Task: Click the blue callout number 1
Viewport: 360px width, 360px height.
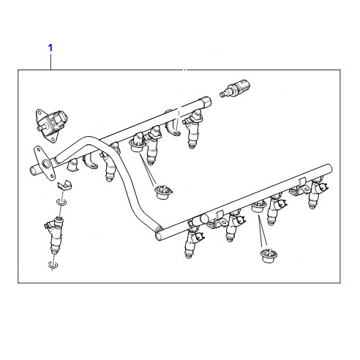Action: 50,48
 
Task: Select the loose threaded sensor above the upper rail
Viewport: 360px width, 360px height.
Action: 235,88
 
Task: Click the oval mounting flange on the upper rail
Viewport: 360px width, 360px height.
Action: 44,163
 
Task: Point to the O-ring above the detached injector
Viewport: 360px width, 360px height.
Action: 61,202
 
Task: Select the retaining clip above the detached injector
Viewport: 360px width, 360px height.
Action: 64,185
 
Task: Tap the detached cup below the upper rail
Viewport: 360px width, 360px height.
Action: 164,192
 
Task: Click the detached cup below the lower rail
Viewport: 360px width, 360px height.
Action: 269,255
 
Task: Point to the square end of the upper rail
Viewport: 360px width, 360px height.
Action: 206,102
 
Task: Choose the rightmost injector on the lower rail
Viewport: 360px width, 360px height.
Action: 316,194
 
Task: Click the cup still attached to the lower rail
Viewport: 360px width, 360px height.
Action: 258,206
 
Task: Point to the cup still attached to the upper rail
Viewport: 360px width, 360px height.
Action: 137,146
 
